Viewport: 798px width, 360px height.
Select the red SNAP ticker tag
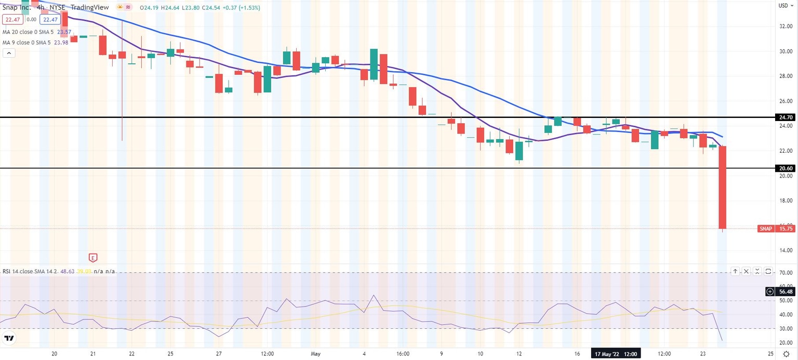tap(765, 229)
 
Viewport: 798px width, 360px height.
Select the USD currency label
tap(783, 6)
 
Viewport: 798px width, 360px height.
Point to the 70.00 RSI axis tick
tap(785, 273)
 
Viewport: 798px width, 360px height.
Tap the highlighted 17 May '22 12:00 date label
tap(616, 354)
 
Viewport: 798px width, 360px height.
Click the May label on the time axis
tap(315, 354)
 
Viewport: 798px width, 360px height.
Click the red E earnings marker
tap(93, 257)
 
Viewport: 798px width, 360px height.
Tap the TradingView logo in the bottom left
tap(9, 339)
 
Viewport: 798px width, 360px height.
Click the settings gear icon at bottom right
tap(786, 354)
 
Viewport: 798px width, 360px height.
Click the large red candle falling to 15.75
tap(722, 187)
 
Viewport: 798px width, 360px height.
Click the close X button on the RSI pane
tap(746, 271)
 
